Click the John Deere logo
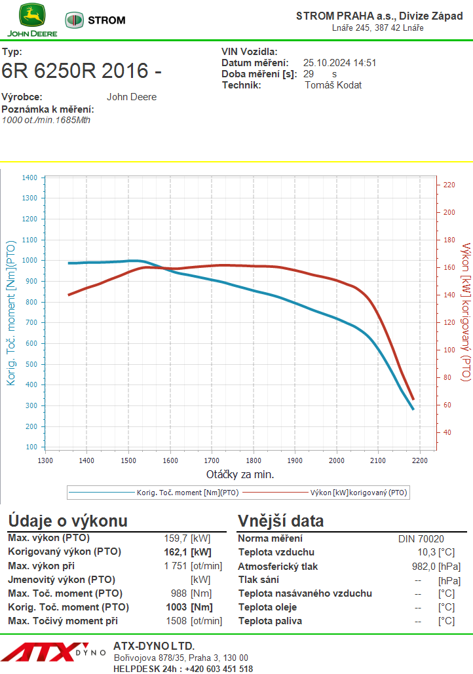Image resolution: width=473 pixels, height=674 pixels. tap(31, 20)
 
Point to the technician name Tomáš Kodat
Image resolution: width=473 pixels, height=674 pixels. tap(333, 85)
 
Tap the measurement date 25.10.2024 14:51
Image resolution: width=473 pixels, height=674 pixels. tap(339, 63)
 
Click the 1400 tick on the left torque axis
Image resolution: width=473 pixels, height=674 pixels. tap(29, 178)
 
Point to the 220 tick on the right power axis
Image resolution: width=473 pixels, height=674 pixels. tap(449, 185)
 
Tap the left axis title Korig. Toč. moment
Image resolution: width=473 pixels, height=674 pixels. tap(12, 312)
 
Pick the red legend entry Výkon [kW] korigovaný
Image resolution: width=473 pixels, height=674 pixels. tap(354, 491)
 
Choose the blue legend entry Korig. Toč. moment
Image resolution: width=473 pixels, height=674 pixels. tap(177, 491)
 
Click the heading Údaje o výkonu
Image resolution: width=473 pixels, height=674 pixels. tap(67, 521)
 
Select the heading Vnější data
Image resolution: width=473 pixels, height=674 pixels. tap(280, 521)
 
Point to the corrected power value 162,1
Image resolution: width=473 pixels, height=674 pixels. tap(175, 552)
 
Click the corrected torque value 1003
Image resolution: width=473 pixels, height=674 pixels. tap(177, 607)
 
